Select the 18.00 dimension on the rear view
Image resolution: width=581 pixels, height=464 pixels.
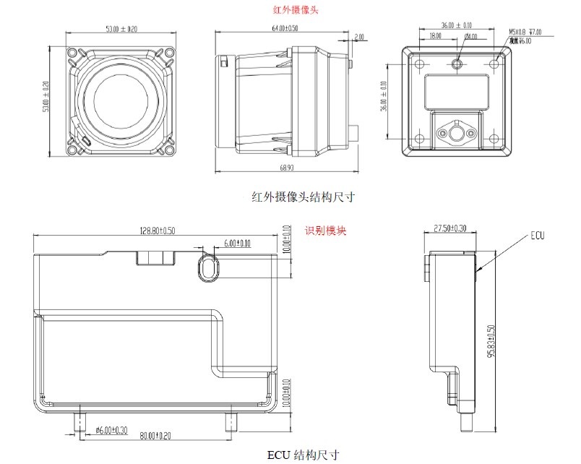pos(436,35)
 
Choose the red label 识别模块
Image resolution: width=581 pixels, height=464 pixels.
pos(325,231)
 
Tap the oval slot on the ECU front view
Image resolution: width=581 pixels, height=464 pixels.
pos(207,269)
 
